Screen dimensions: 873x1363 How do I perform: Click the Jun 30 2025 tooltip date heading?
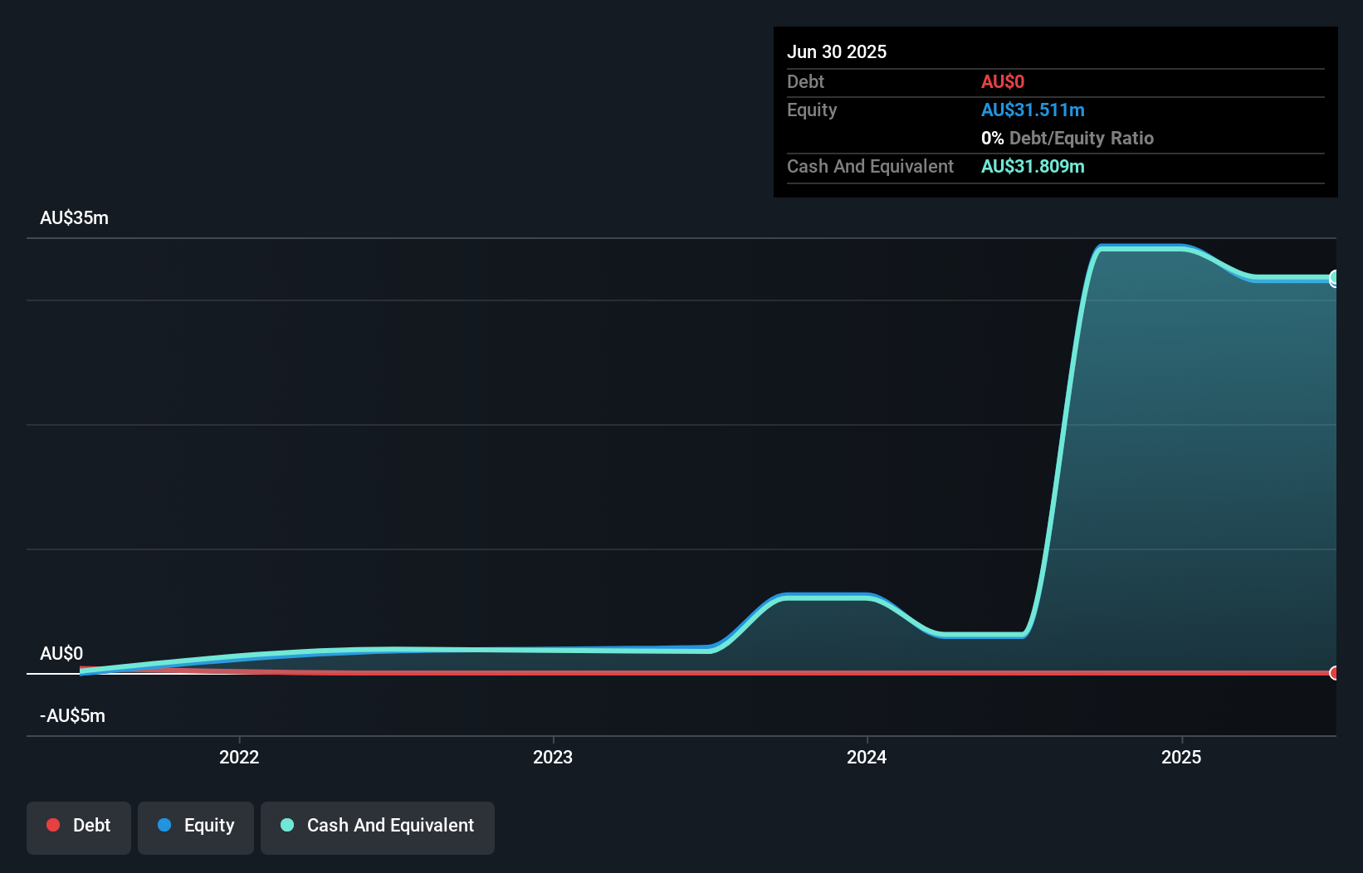point(836,51)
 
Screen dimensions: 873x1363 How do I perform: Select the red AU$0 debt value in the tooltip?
point(1002,81)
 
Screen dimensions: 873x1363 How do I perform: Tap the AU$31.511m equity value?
point(1032,110)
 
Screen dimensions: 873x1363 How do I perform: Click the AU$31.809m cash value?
point(1032,166)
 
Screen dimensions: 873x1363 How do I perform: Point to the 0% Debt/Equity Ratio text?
point(1067,138)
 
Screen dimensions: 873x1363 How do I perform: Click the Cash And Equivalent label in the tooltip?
point(870,166)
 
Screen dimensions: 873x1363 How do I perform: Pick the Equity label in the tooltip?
point(811,110)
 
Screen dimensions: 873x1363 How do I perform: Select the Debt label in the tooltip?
point(805,81)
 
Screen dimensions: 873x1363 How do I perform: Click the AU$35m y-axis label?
point(74,217)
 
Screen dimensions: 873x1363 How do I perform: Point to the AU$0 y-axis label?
point(61,653)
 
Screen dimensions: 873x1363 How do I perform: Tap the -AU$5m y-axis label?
point(72,715)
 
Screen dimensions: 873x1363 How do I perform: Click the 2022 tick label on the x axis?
point(239,757)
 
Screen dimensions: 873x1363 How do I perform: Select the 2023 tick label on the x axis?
point(553,757)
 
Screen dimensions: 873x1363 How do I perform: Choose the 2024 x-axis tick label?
point(867,757)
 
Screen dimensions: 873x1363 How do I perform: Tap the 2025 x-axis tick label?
point(1180,757)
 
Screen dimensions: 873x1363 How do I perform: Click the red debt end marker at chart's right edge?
point(1334,672)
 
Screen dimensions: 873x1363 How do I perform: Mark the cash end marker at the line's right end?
point(1334,278)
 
